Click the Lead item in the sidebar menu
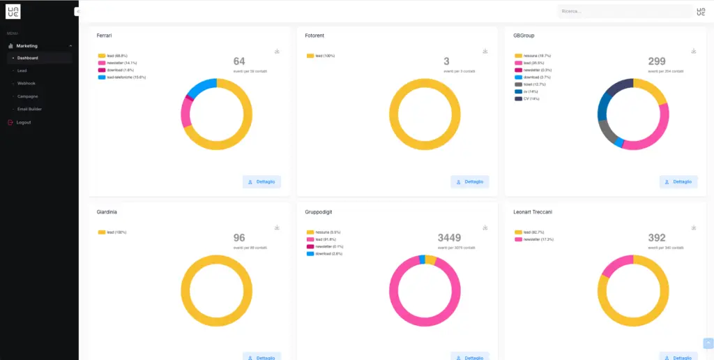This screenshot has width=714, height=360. (22, 70)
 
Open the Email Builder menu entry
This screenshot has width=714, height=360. (30, 109)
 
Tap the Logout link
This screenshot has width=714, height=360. (23, 122)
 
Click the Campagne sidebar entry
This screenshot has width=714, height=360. (27, 96)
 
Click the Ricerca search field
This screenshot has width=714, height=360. (624, 11)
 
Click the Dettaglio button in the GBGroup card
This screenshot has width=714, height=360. (678, 181)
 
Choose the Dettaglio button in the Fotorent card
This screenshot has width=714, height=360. (469, 181)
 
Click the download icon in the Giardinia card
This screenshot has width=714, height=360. (277, 227)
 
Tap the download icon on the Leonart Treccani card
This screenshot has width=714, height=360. (694, 227)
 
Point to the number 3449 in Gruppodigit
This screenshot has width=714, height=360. (449, 238)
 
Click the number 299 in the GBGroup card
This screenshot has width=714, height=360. (657, 61)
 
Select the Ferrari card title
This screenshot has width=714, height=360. (105, 35)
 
